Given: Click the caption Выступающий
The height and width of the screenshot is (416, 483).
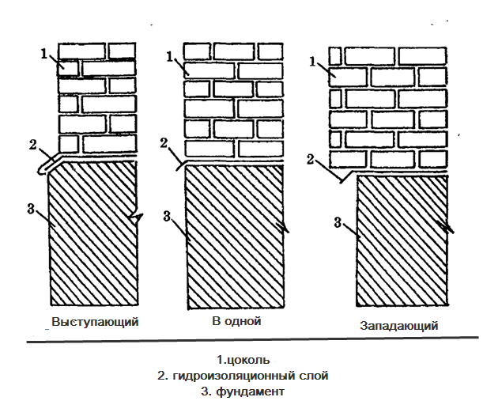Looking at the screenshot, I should point(95,322).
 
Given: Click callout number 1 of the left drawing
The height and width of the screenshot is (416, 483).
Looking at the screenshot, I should point(45,54).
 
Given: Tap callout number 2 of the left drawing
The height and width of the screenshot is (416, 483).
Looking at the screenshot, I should point(32,144).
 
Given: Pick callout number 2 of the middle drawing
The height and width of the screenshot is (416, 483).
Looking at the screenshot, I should point(164,142).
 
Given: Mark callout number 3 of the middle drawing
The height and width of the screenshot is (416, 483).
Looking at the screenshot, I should point(165,215).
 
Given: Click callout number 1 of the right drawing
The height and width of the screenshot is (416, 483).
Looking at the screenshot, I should point(313,60).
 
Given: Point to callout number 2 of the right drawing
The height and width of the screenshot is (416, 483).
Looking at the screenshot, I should point(311,159).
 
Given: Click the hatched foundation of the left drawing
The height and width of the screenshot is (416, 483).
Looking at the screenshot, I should point(93,237).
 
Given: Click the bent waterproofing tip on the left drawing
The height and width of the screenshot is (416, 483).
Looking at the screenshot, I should point(44,168).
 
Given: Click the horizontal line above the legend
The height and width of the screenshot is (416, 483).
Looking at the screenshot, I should point(251,342).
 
